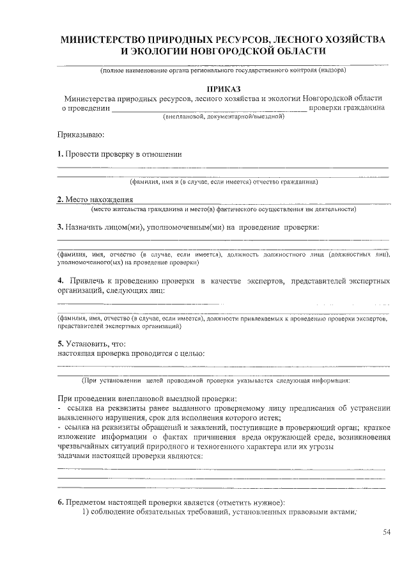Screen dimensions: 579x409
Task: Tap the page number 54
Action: pyautogui.click(x=387, y=532)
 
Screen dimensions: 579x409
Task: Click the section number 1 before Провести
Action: pyautogui.click(x=59, y=154)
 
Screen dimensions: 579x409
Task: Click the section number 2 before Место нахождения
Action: pyautogui.click(x=59, y=200)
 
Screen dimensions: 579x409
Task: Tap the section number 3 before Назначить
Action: pyautogui.click(x=59, y=226)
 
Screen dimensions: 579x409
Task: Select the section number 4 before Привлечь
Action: pyautogui.click(x=59, y=281)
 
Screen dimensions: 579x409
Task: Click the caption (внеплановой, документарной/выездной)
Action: pyautogui.click(x=223, y=117)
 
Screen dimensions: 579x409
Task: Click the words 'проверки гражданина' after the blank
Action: pyautogui.click(x=348, y=108)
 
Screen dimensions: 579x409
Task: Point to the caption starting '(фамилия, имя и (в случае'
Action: pyautogui.click(x=223, y=182)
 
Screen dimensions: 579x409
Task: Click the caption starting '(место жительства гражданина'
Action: pyautogui.click(x=223, y=209)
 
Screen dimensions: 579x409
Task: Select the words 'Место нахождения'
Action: pyautogui.click(x=98, y=200)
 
